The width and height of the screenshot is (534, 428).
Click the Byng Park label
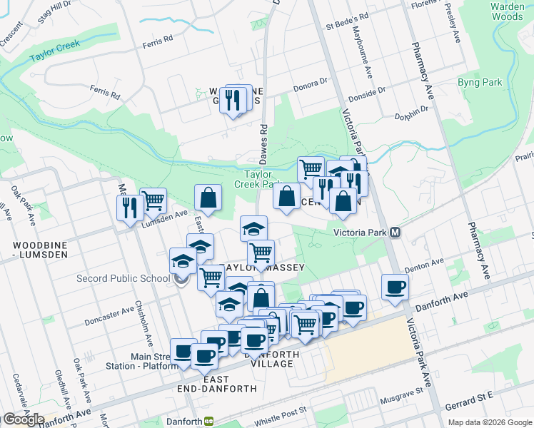point(480,82)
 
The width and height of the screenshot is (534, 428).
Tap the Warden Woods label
point(507,11)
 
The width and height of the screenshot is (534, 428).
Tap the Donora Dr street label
point(310,89)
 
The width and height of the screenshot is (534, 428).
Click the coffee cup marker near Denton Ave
point(395,287)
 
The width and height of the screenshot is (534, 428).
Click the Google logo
point(23,419)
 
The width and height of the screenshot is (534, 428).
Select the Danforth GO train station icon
point(209,421)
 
